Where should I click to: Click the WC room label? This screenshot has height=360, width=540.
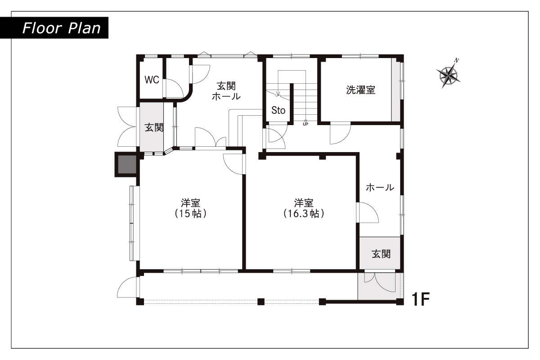152,80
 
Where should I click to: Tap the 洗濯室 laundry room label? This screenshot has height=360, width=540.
360,90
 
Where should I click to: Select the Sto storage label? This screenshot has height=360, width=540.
279,110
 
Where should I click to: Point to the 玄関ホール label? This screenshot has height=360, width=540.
226,91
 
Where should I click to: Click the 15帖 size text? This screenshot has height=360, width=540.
191,214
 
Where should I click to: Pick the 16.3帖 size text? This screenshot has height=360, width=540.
304,214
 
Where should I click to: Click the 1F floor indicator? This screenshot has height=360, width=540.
421,299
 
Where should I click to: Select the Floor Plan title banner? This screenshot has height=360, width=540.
54,28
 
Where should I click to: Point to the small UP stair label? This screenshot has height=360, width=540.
306,124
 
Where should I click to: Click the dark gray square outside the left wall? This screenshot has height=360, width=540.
127,164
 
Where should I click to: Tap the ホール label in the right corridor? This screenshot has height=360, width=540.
380,187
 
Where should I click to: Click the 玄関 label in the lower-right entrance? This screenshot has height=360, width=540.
381,254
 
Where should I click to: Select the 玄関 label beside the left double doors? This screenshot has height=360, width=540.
154,127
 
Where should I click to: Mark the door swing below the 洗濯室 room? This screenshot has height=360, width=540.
340,133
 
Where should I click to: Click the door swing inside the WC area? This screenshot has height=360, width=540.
173,88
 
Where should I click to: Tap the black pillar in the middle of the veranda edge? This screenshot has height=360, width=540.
261,301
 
